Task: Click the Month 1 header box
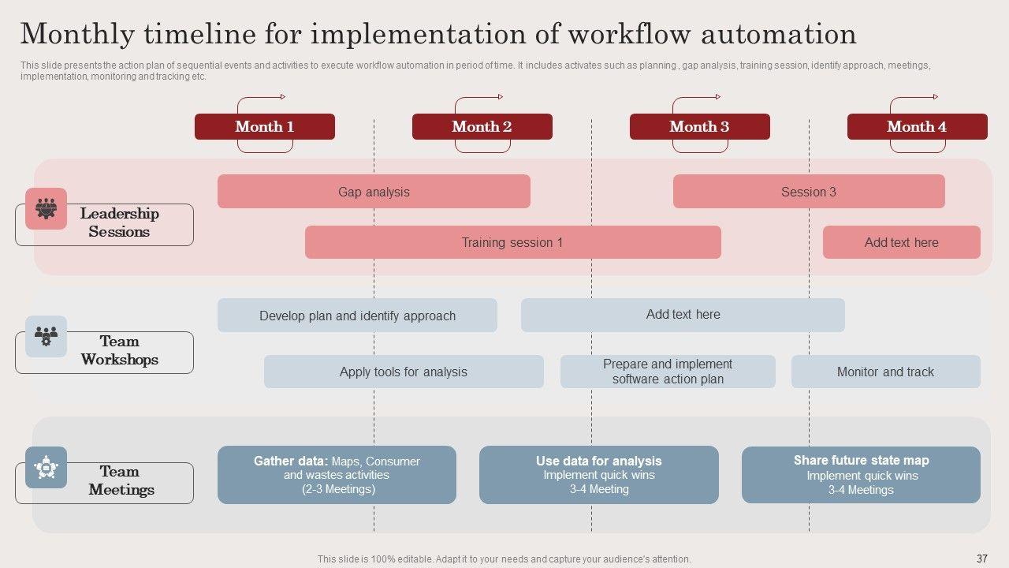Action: (x=265, y=127)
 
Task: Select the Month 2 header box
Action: (x=482, y=127)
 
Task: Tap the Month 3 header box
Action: (x=700, y=127)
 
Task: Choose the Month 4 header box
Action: (x=918, y=127)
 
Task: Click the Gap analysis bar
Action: (x=374, y=192)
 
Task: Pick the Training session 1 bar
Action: (x=513, y=242)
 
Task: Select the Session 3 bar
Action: (x=809, y=192)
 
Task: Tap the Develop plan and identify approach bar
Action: (x=358, y=316)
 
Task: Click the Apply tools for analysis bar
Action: (x=404, y=372)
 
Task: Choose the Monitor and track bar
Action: (x=886, y=372)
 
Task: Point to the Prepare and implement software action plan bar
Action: (x=668, y=372)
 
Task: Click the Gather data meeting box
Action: (x=337, y=475)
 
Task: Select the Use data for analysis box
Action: (x=599, y=475)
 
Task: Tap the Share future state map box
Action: (x=862, y=475)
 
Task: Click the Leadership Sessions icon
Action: (x=46, y=209)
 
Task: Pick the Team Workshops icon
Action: (x=46, y=336)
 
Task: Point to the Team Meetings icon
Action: (x=46, y=468)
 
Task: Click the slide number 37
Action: (x=982, y=559)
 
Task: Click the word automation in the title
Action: (x=779, y=34)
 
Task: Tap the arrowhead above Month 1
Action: (x=283, y=96)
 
